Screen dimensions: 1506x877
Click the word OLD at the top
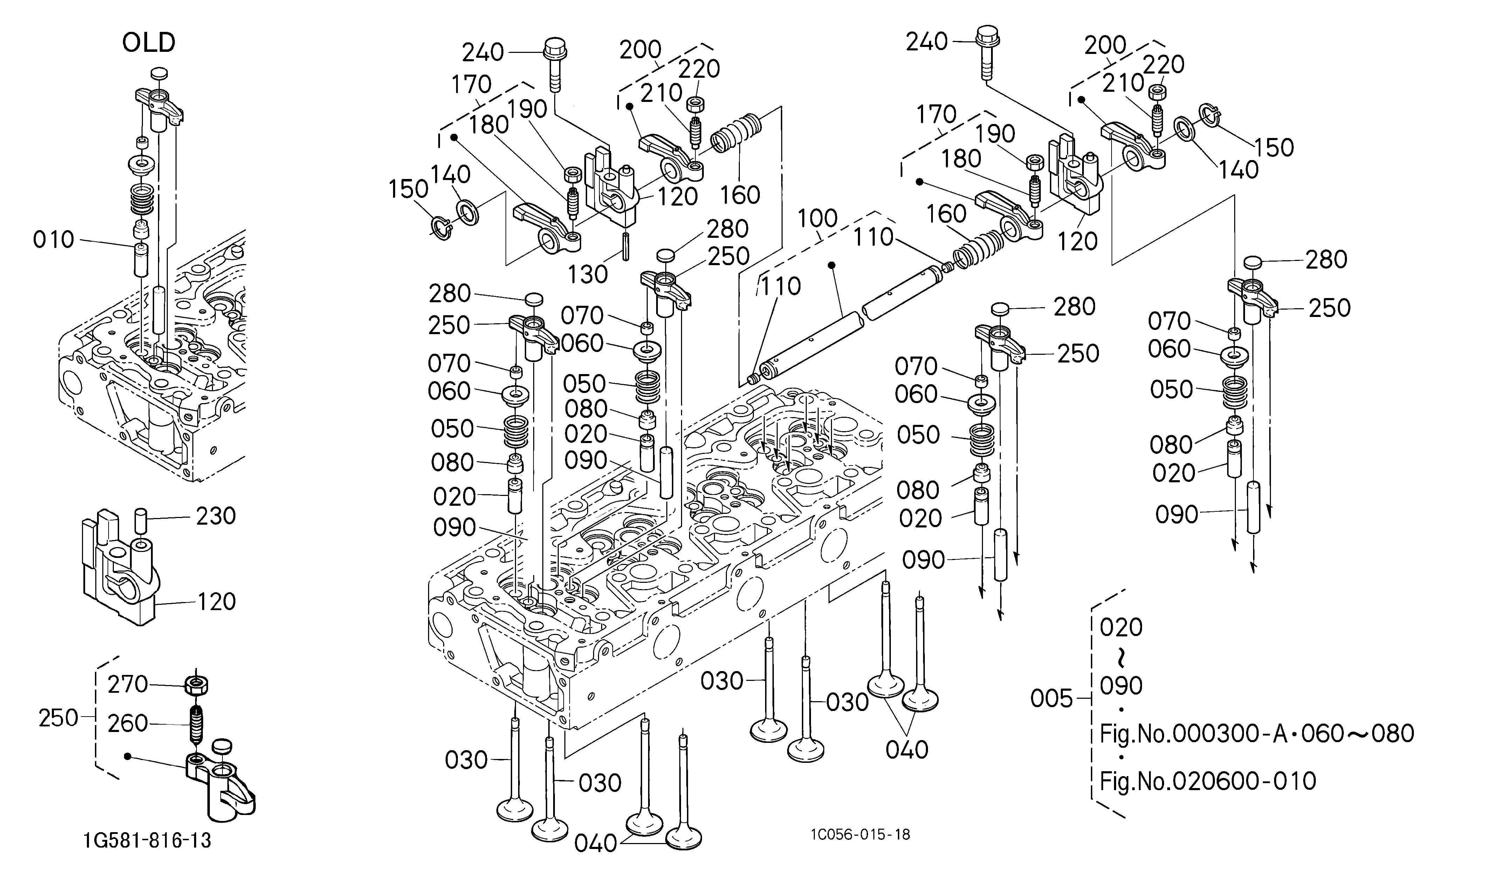point(149,43)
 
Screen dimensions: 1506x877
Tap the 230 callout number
point(216,516)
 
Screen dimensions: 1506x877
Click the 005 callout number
point(1052,698)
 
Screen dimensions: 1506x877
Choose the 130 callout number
point(587,275)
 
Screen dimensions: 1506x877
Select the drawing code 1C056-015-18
point(861,835)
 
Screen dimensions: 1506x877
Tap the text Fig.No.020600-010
point(1208,780)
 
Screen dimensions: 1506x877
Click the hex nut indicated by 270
point(197,685)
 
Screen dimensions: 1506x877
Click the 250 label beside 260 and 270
point(59,718)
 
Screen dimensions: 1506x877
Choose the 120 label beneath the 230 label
point(216,602)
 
